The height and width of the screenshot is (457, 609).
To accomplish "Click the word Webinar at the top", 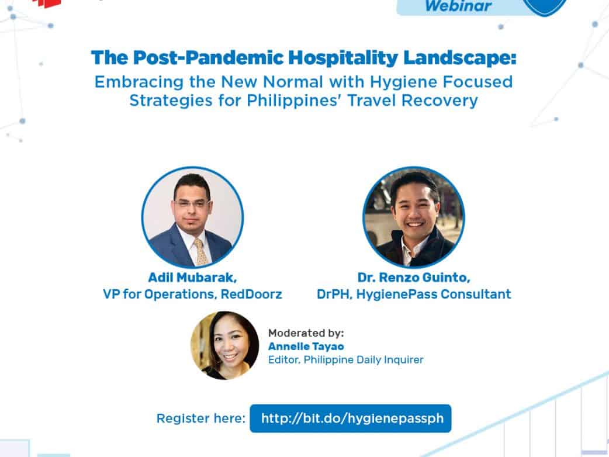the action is pyautogui.click(x=458, y=5).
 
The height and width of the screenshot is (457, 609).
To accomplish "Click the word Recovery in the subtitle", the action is pyautogui.click(x=440, y=101).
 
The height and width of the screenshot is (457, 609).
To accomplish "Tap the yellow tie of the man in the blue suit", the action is pyautogui.click(x=201, y=252).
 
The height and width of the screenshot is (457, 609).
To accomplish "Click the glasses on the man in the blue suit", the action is pyautogui.click(x=192, y=203).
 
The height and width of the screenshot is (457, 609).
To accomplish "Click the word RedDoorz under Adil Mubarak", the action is pyautogui.click(x=251, y=295).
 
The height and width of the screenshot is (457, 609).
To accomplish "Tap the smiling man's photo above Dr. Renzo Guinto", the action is pyautogui.click(x=414, y=217).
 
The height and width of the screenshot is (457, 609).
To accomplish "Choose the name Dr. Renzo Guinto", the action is pyautogui.click(x=414, y=278).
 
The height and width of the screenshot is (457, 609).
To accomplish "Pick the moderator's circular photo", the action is pyautogui.click(x=224, y=345).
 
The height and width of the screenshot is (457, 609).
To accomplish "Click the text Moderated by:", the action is pyautogui.click(x=306, y=333).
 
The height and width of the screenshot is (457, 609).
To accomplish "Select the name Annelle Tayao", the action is pyautogui.click(x=306, y=347).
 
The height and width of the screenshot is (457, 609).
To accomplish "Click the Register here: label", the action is pyautogui.click(x=201, y=418).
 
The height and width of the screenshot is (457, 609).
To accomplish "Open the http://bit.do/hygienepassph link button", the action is pyautogui.click(x=351, y=418).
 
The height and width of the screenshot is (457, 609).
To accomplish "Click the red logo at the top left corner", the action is pyautogui.click(x=47, y=4).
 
